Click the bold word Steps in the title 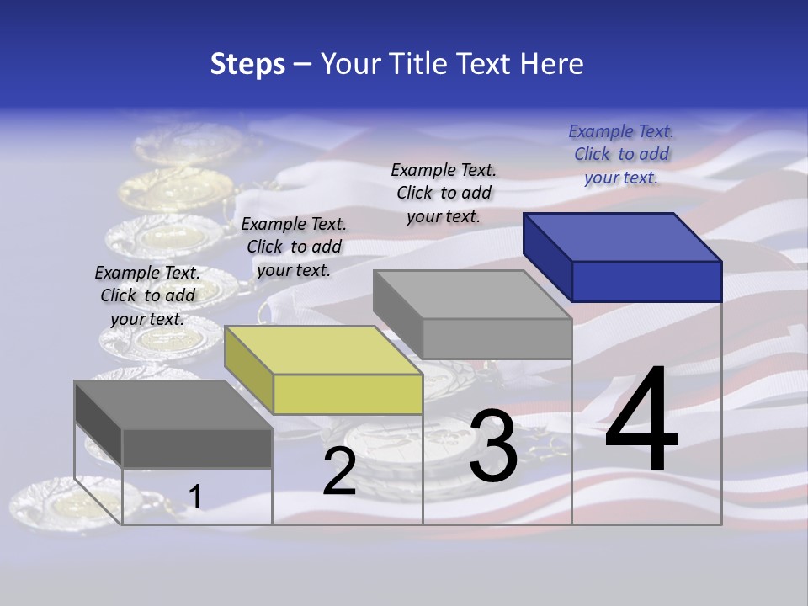tap(247, 64)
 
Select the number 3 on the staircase tap(493, 447)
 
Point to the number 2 tap(339, 472)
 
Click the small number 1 tap(194, 497)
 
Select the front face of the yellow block tap(348, 394)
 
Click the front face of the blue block tap(646, 281)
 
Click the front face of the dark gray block tap(197, 448)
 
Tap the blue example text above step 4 tap(621, 154)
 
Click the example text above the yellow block tap(294, 247)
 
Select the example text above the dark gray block tap(147, 295)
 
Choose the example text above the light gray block tap(444, 193)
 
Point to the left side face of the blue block tap(547, 257)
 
